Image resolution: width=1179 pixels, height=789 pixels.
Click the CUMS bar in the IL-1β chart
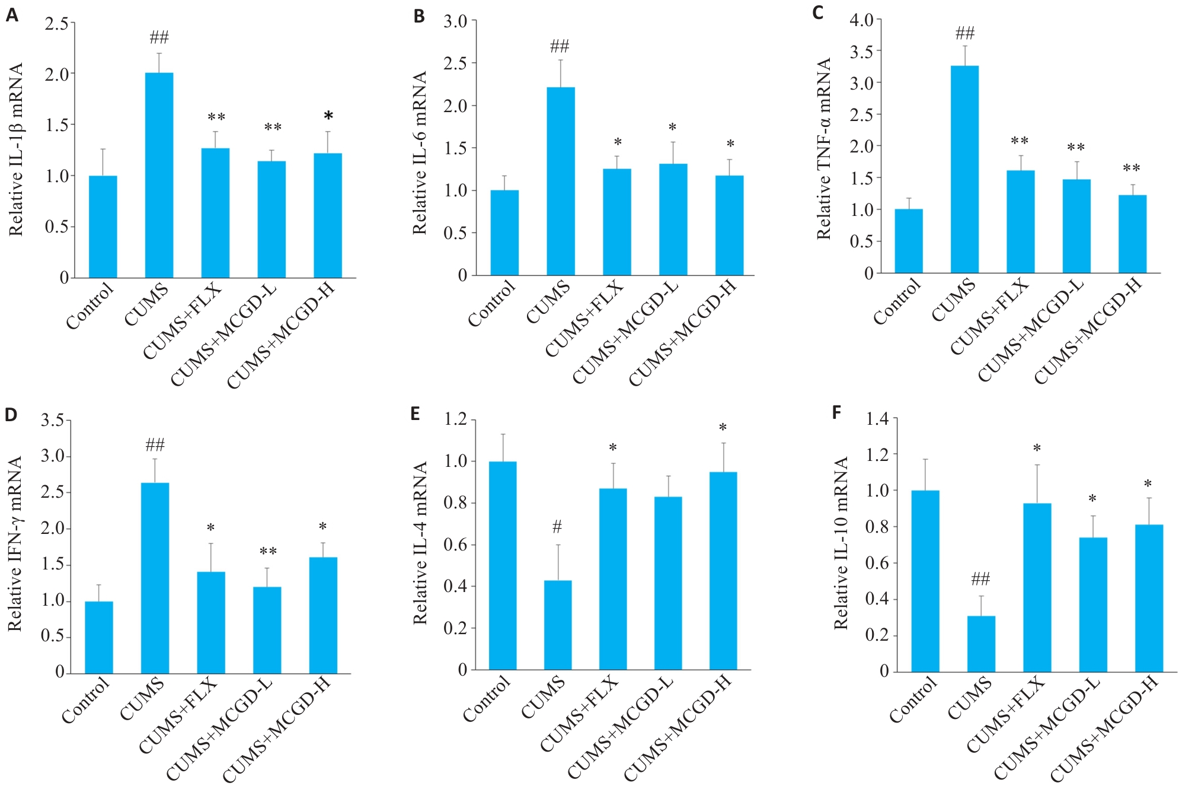[x=159, y=175]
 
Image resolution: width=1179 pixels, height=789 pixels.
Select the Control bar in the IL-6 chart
[x=504, y=233]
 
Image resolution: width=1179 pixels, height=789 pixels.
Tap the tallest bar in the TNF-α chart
[x=964, y=169]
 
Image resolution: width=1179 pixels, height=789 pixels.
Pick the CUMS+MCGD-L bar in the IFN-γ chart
[x=267, y=630]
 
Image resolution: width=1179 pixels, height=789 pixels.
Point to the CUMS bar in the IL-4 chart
[x=558, y=625]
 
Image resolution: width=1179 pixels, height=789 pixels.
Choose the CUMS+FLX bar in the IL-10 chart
[x=1037, y=587]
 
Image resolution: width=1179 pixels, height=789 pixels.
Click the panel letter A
[x=12, y=15]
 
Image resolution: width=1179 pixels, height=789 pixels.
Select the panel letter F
[x=836, y=412]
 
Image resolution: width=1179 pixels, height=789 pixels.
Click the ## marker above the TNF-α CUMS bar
[x=965, y=33]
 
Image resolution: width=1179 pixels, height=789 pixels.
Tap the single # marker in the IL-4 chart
[x=557, y=526]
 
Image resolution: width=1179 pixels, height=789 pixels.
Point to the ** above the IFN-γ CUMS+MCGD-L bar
[x=268, y=552]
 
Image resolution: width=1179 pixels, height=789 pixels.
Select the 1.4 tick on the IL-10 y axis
[x=877, y=419]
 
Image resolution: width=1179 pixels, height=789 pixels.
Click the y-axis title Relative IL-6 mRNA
[x=420, y=152]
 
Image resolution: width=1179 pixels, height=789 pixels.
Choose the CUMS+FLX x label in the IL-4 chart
[x=580, y=714]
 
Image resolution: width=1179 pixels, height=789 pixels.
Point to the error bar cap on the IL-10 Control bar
[x=925, y=459]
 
